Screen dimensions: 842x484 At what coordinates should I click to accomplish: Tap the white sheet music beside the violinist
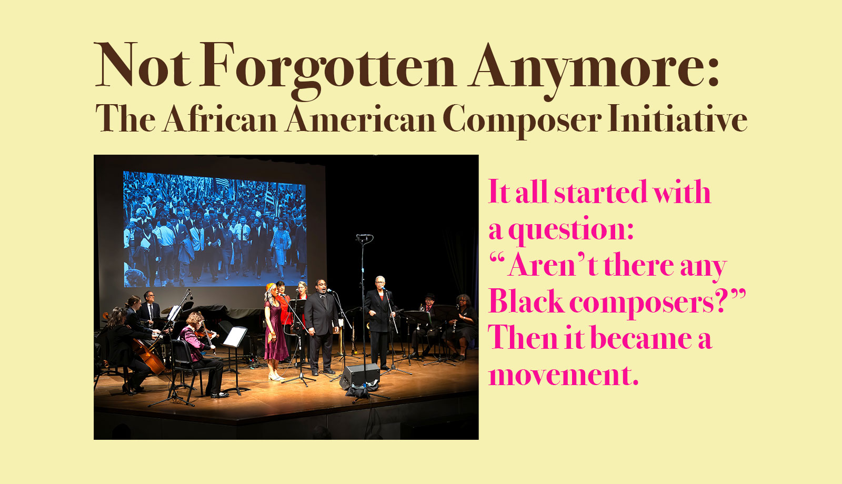click(235, 337)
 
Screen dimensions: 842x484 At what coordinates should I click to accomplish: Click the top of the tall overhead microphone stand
click(364, 237)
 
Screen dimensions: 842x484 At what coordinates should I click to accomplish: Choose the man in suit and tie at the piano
click(149, 309)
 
